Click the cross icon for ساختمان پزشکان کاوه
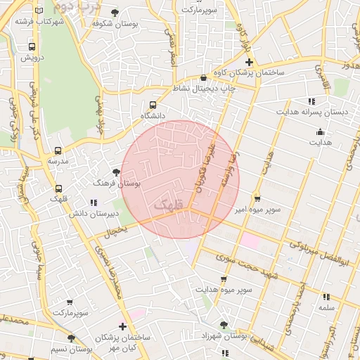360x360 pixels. pos(249,63)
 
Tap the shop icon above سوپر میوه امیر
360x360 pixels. pos(257,199)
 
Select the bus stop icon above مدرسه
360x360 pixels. pos(58,150)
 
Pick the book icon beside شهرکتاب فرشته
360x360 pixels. pos(39,11)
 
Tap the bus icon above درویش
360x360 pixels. pos(31,47)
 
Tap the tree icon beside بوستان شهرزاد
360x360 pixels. pos(224,325)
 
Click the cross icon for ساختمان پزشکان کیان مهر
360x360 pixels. pos(123,326)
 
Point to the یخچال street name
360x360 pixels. pos(116,230)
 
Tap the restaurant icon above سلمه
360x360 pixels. pos(326,297)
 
